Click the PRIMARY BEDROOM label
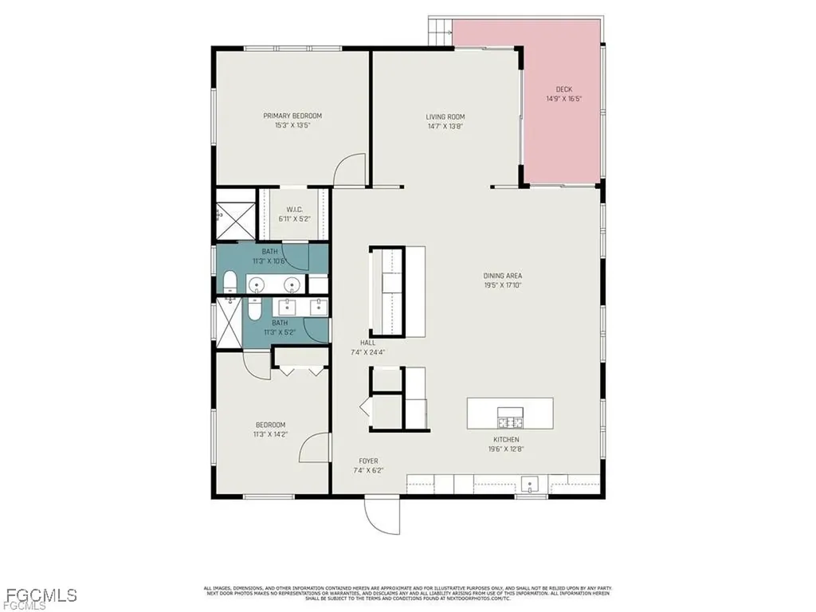click(x=292, y=116)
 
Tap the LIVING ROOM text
click(x=445, y=116)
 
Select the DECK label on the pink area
click(x=563, y=89)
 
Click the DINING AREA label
click(x=502, y=276)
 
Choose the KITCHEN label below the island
click(x=506, y=439)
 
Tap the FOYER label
click(x=367, y=461)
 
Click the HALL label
click(x=367, y=343)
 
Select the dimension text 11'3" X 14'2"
click(x=270, y=434)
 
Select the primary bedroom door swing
click(x=349, y=170)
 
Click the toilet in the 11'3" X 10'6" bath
click(x=229, y=281)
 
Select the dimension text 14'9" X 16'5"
click(x=563, y=99)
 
